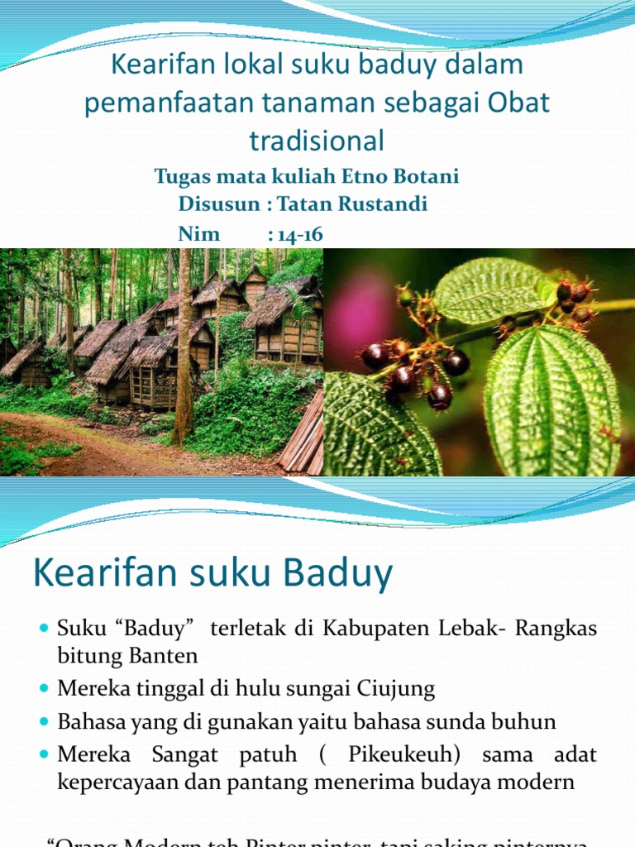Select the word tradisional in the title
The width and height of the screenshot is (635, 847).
click(317, 141)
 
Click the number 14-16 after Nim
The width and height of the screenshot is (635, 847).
click(295, 234)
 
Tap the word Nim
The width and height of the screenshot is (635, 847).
click(199, 234)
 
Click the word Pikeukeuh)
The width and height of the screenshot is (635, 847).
click(401, 754)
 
